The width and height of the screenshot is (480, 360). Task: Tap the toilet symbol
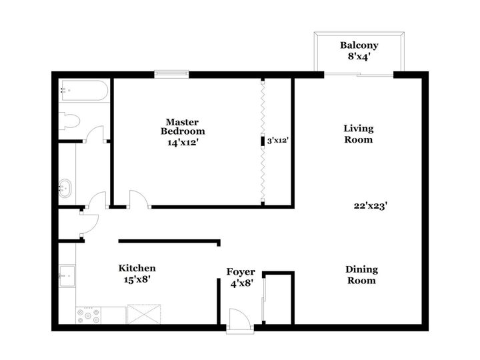point(70,121)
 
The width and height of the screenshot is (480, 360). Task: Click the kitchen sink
point(67,274)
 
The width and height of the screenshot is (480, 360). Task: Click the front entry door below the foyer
point(239,320)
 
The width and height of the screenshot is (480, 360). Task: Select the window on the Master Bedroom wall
point(173,74)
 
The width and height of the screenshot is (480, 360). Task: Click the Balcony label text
point(359,45)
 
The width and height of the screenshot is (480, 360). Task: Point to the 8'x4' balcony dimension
point(359,57)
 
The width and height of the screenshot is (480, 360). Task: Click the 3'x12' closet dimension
point(277,141)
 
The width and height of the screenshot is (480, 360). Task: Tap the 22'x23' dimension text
point(371,206)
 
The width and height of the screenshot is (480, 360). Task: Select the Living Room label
point(358,134)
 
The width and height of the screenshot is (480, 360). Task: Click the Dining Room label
point(361,275)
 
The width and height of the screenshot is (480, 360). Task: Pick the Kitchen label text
point(137,268)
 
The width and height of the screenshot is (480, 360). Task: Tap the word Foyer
point(240,271)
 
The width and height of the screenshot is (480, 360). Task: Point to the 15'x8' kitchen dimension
point(137,280)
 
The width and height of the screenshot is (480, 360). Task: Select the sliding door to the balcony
point(359,74)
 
